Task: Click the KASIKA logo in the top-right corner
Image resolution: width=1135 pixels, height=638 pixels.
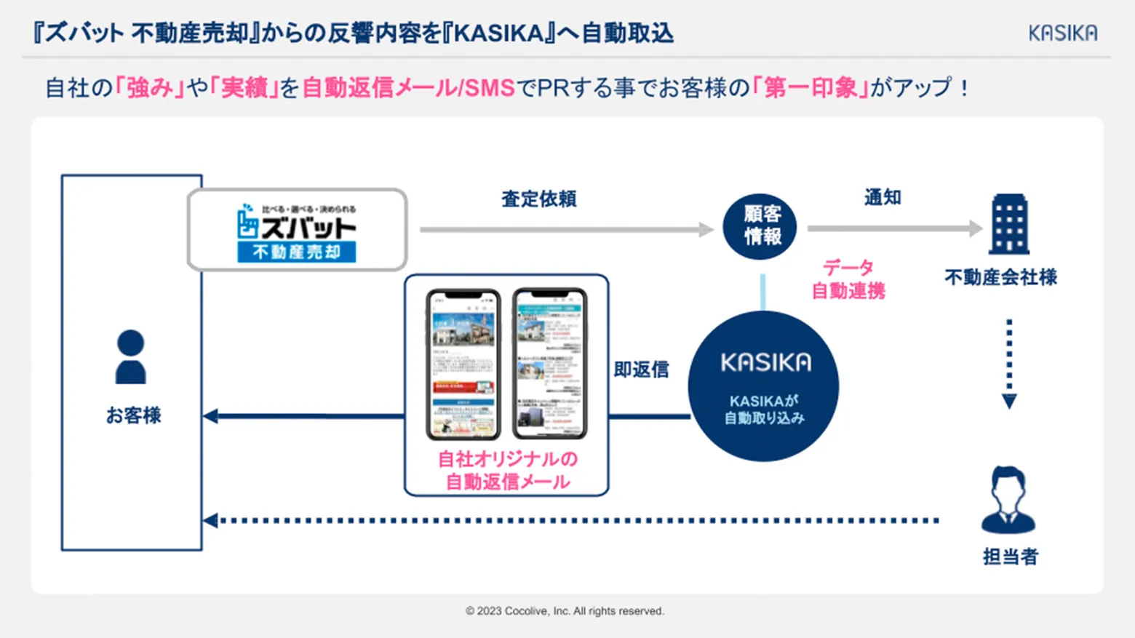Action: [x=1062, y=33]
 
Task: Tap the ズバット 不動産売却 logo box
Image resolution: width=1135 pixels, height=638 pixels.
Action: [x=297, y=230]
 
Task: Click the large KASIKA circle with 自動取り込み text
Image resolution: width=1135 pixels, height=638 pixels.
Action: [x=764, y=387]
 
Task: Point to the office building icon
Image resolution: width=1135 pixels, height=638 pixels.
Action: [x=1010, y=224]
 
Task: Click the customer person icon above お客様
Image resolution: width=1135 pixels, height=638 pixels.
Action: [x=131, y=356]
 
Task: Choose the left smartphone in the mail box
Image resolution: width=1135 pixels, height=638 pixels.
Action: [x=463, y=364]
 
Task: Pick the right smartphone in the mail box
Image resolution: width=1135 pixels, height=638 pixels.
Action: [x=550, y=364]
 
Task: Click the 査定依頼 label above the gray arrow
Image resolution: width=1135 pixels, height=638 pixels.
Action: [x=538, y=199]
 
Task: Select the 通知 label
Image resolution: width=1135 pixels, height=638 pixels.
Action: [x=883, y=197]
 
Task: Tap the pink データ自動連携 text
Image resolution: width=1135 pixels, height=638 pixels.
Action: [x=848, y=279]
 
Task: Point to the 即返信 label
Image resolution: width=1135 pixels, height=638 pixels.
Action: [x=641, y=370]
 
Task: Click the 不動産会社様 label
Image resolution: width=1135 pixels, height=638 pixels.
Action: [x=1000, y=277]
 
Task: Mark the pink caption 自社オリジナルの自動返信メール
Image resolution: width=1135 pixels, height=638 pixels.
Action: [x=507, y=470]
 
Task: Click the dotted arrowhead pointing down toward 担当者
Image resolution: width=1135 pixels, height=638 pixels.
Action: [x=1009, y=402]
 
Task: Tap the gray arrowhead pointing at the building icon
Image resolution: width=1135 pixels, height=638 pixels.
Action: [x=975, y=228]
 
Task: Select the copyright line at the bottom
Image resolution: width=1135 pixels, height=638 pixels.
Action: [x=565, y=611]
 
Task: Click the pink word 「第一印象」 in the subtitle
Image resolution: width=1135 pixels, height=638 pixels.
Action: [x=811, y=88]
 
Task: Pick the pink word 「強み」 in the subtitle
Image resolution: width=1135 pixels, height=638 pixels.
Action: [x=150, y=88]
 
